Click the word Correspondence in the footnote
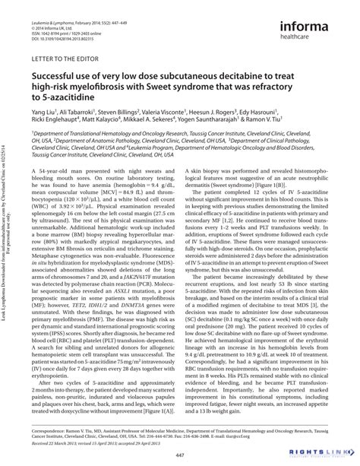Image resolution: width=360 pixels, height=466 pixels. [51, 418]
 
